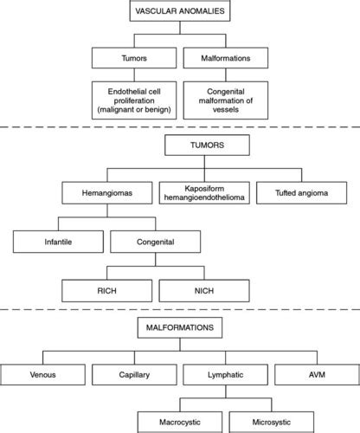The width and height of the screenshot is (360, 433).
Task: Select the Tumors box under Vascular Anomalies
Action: (135, 58)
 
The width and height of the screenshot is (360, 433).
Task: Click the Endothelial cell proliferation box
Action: (135, 100)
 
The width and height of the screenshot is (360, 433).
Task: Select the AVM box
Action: (315, 376)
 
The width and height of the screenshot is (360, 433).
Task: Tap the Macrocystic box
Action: (177, 420)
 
